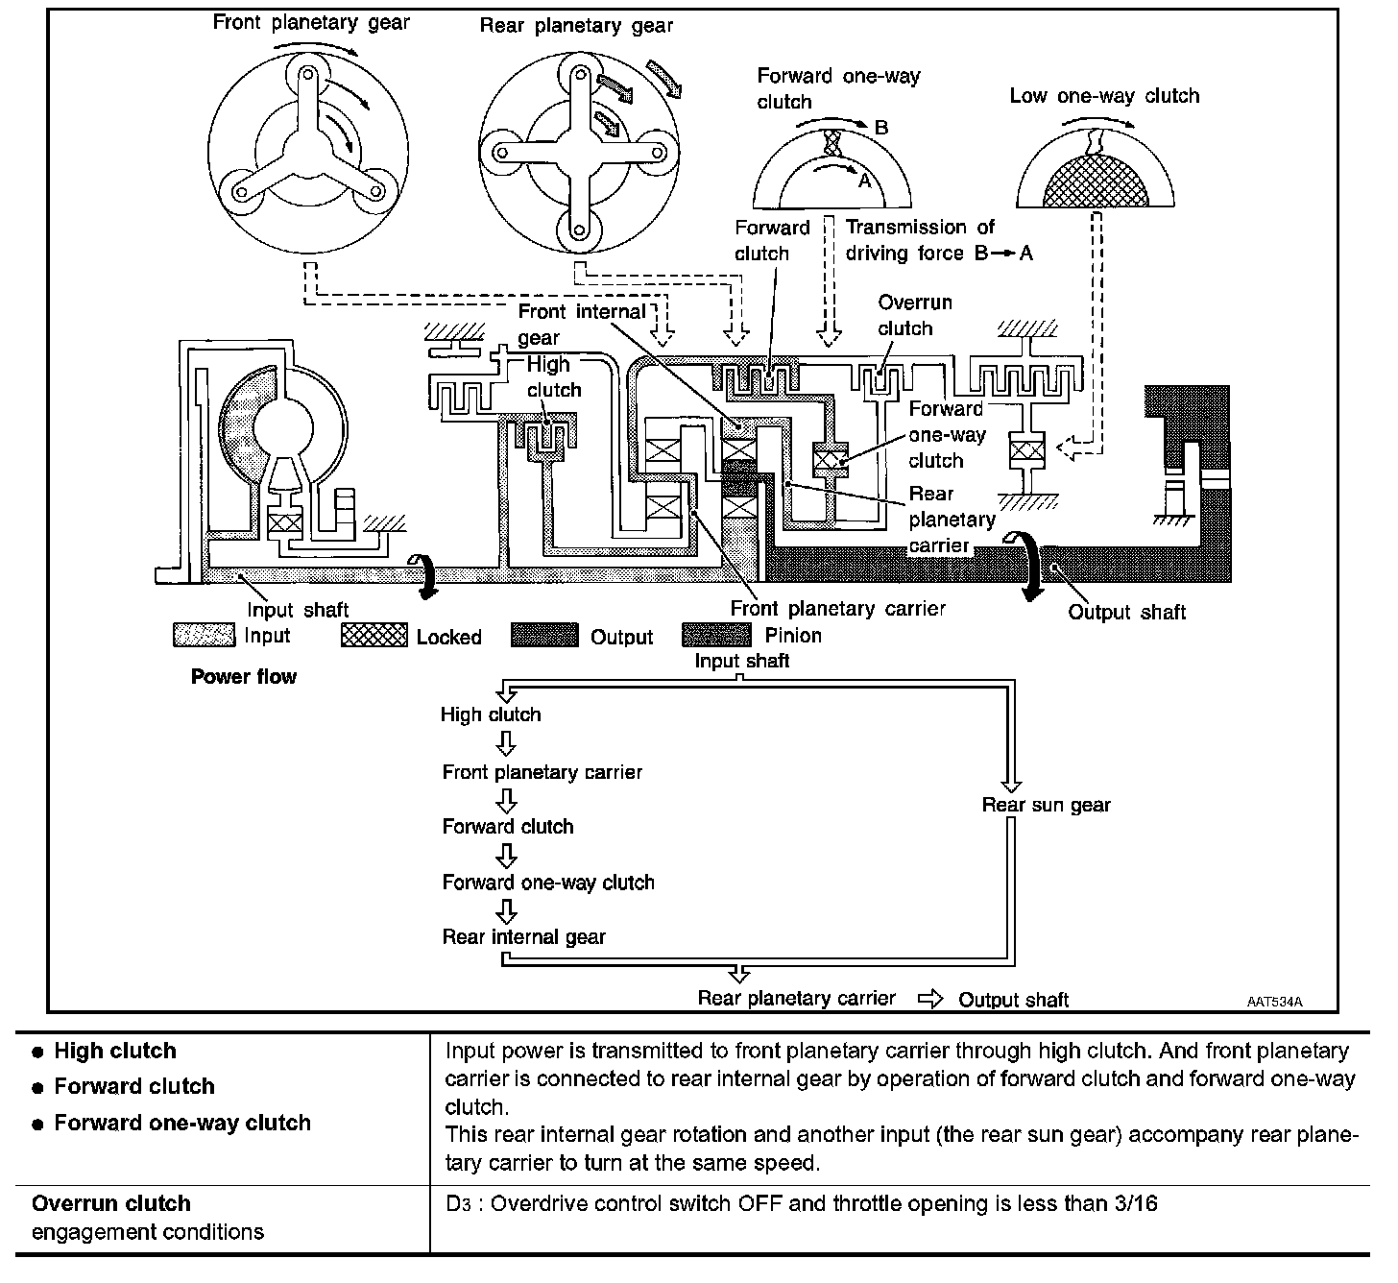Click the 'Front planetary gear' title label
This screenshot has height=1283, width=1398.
[311, 22]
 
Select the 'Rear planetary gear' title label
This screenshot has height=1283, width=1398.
[576, 26]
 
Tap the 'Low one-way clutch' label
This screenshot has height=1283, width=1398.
[1104, 96]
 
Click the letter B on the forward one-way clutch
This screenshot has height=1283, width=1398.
[881, 128]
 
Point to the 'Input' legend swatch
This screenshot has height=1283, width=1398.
[204, 636]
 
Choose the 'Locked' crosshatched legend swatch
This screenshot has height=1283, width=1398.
[374, 636]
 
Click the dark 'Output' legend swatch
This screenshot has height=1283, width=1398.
[544, 636]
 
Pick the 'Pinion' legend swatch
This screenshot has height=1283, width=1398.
[715, 636]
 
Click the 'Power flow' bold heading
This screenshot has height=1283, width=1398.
[244, 677]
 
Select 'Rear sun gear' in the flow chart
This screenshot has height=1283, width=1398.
[1046, 805]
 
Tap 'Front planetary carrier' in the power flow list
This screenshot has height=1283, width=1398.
[542, 772]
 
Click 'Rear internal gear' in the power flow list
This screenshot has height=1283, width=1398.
[523, 937]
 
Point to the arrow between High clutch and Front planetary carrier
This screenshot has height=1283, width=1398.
[506, 744]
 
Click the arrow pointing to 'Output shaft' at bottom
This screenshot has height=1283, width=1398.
[930, 999]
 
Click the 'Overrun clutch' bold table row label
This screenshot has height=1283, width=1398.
[111, 1203]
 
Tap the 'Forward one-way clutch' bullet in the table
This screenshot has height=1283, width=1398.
[181, 1123]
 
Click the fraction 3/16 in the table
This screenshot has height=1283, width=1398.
[1135, 1203]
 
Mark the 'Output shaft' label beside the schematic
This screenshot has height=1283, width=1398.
[1126, 613]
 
